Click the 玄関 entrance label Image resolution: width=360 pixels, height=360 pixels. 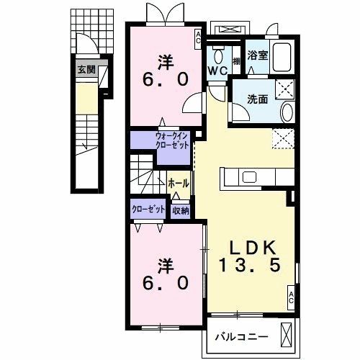pyautogui.click(x=87, y=70)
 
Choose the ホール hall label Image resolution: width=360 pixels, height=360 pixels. pyautogui.click(x=179, y=184)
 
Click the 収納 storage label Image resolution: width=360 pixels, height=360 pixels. pyautogui.click(x=180, y=210)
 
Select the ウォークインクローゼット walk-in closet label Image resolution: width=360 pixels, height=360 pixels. pyautogui.click(x=172, y=140)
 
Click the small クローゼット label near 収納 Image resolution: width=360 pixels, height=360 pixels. pyautogui.click(x=148, y=210)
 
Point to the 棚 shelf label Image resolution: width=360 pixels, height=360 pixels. pyautogui.click(x=236, y=60)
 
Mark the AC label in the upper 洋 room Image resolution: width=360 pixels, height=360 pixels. pyautogui.click(x=199, y=37)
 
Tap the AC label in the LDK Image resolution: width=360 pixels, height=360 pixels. pyautogui.click(x=291, y=296)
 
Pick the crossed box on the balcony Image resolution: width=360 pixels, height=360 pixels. pyautogui.click(x=287, y=334)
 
